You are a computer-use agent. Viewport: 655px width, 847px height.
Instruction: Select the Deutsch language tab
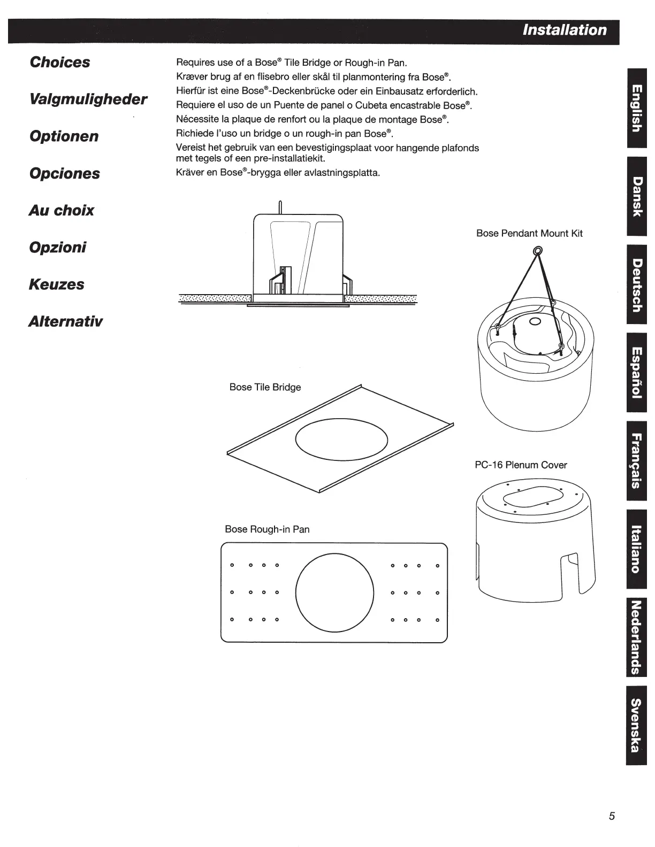[636, 284]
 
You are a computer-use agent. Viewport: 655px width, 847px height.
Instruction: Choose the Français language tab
[636, 460]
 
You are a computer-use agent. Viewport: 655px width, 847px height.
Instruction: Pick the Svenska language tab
[636, 725]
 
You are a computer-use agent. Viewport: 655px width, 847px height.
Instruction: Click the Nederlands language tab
[636, 637]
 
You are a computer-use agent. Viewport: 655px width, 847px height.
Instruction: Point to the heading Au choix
[62, 210]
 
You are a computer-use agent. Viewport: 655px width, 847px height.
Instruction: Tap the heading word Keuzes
[57, 284]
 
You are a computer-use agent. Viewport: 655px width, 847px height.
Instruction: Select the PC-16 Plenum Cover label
[520, 465]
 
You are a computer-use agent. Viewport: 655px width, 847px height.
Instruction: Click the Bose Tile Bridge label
[265, 387]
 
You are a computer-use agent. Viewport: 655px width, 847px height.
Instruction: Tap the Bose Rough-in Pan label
[267, 529]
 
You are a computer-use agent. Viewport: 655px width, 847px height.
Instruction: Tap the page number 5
[612, 817]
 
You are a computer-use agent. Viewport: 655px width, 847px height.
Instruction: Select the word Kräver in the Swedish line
[190, 173]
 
